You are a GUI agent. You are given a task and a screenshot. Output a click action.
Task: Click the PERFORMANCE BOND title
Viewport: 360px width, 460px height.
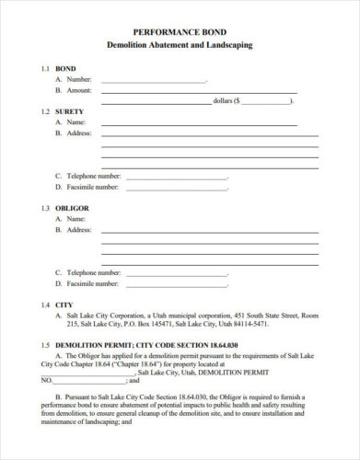point(180,30)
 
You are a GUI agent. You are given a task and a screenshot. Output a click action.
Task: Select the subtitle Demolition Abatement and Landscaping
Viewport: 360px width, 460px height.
point(180,44)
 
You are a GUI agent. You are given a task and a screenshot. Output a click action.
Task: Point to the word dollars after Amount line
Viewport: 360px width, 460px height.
point(223,99)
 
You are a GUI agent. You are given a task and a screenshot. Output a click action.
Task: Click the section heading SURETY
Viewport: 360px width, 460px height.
point(70,110)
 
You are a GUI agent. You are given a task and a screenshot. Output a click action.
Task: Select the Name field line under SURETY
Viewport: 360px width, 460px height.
point(198,123)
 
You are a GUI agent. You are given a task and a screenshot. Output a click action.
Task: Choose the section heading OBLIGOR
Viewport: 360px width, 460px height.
point(73,208)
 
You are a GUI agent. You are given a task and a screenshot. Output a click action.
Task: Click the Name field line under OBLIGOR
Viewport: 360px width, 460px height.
point(198,220)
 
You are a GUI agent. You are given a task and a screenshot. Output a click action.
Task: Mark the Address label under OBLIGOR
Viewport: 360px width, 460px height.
point(75,229)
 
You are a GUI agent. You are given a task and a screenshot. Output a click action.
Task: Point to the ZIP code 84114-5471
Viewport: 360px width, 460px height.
point(246,325)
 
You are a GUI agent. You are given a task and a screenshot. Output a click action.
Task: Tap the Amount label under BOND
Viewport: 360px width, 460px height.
point(75,90)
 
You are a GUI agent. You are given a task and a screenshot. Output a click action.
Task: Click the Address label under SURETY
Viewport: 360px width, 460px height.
point(75,132)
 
